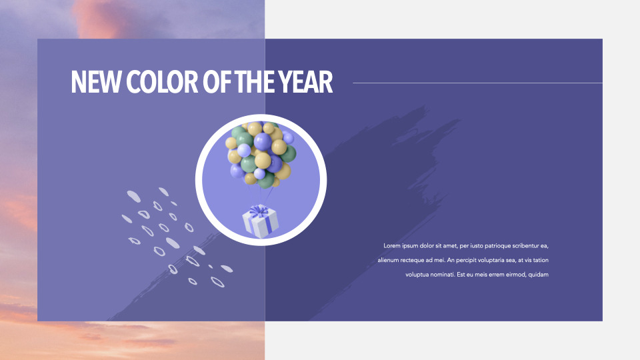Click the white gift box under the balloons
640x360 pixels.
pyautogui.click(x=260, y=221)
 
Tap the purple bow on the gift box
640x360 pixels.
pyautogui.click(x=257, y=212)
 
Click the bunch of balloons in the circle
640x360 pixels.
pyautogui.click(x=261, y=153)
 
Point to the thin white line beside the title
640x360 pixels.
pyautogui.click(x=477, y=83)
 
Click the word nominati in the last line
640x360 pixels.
pyautogui.click(x=441, y=275)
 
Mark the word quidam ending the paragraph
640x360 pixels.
pyautogui.click(x=538, y=275)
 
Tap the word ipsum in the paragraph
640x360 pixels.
pyautogui.click(x=413, y=245)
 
